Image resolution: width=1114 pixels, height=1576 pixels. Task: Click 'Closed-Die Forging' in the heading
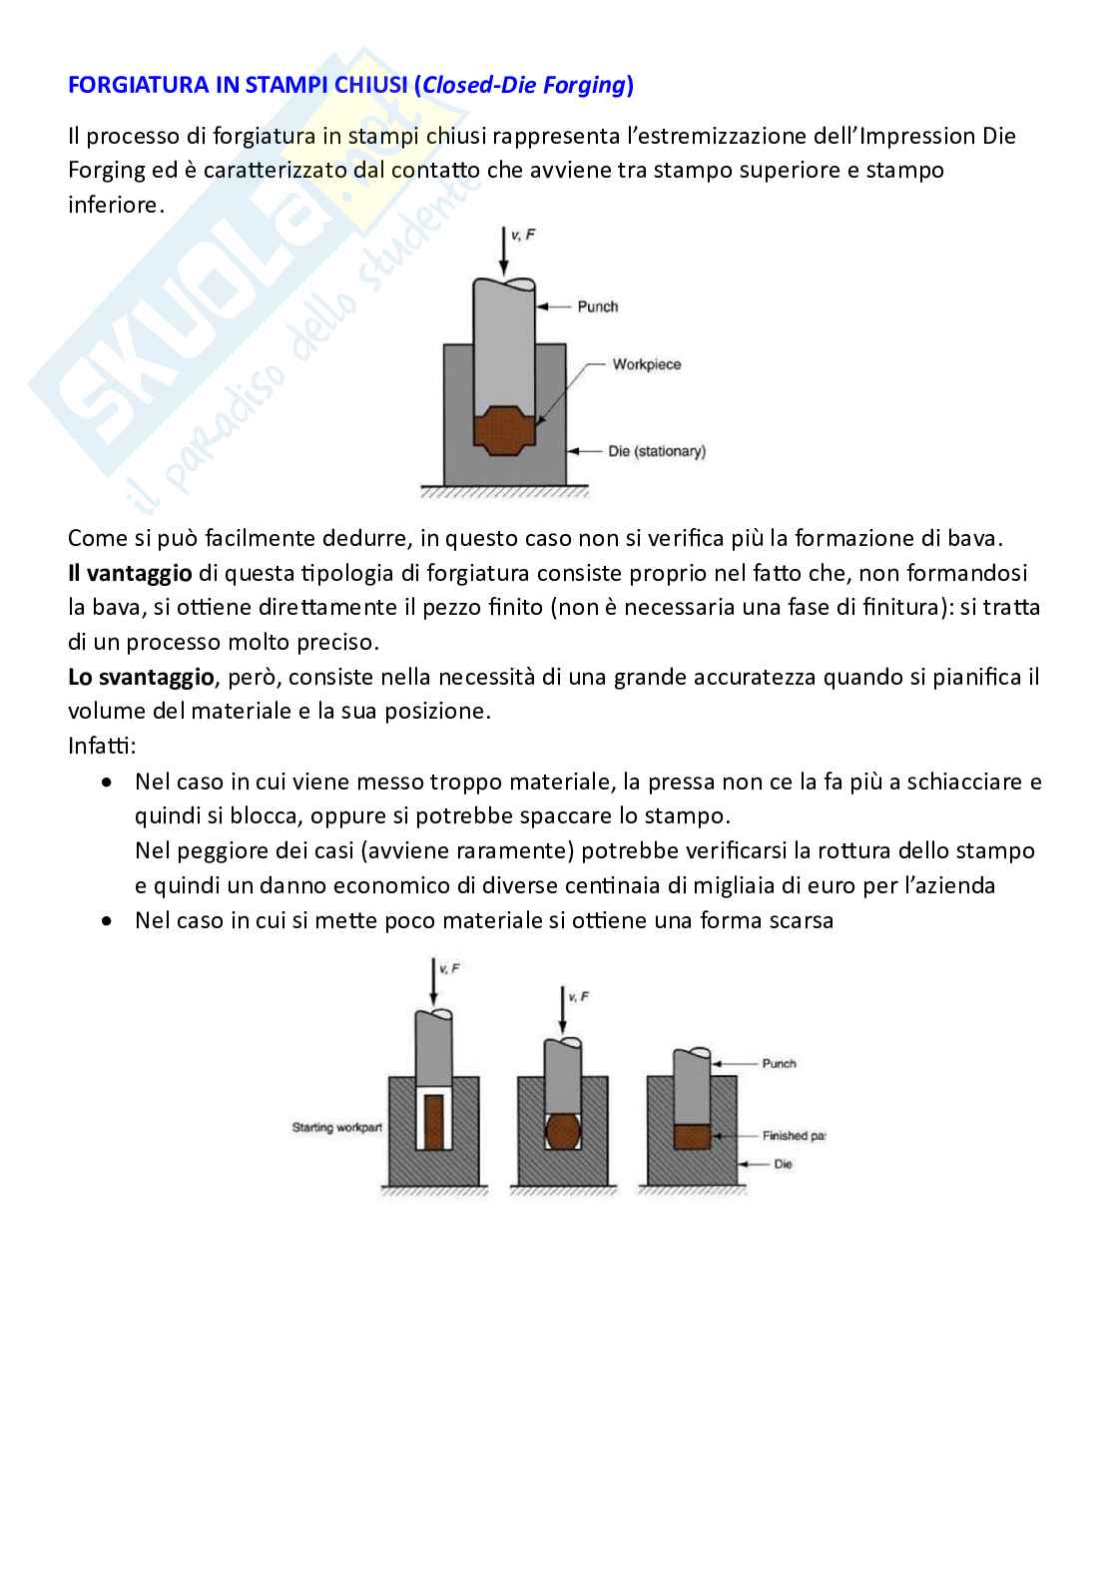tap(523, 85)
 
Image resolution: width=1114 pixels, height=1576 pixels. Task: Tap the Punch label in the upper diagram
tap(597, 306)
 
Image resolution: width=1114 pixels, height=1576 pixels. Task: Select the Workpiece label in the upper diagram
tap(646, 364)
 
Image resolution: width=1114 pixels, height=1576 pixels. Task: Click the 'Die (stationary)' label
tap(656, 451)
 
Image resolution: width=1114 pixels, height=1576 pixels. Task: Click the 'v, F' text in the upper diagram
tap(522, 235)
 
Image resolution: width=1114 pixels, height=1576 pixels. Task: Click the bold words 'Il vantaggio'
tap(130, 573)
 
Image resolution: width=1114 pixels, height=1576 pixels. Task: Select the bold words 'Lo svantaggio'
tap(141, 677)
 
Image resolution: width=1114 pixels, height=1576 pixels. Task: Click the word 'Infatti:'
tap(102, 746)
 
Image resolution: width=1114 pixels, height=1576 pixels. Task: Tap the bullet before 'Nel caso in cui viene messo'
tap(108, 783)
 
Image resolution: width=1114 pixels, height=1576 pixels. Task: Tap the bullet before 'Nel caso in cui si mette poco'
tap(108, 921)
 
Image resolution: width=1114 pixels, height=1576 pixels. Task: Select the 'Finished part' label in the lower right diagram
tap(794, 1136)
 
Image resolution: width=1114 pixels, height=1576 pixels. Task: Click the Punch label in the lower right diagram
tap(779, 1064)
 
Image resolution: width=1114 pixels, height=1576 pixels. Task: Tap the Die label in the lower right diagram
tap(783, 1164)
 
